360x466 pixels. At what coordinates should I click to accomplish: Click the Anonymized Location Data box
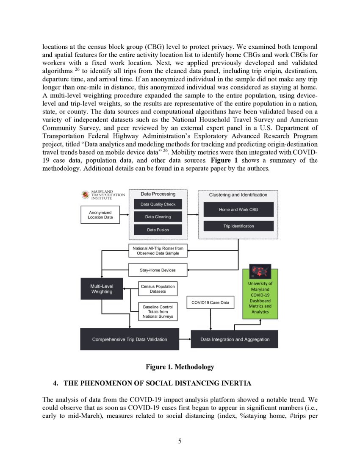click(x=100, y=214)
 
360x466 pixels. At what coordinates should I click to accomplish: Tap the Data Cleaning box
click(x=158, y=217)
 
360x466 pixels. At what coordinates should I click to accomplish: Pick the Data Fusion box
click(x=158, y=230)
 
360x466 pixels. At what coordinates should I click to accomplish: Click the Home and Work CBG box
click(x=238, y=210)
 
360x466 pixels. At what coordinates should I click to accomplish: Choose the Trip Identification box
click(x=238, y=226)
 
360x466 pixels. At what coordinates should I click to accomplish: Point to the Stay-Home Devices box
click(x=158, y=270)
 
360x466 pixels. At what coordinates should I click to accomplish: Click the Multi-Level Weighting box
click(x=102, y=289)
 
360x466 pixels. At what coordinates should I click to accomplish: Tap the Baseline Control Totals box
click(x=158, y=311)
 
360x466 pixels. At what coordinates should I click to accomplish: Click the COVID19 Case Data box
click(x=210, y=302)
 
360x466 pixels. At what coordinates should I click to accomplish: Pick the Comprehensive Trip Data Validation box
click(x=130, y=339)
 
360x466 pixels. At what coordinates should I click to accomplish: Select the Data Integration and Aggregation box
click(x=235, y=339)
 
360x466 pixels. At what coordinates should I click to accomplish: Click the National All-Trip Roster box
click(x=158, y=250)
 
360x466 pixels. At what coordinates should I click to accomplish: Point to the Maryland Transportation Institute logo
click(x=103, y=195)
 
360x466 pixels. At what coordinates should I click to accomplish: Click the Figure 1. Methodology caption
click(x=180, y=367)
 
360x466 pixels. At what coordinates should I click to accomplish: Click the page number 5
click(x=180, y=441)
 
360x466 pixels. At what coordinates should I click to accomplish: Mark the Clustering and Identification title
click(x=238, y=195)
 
